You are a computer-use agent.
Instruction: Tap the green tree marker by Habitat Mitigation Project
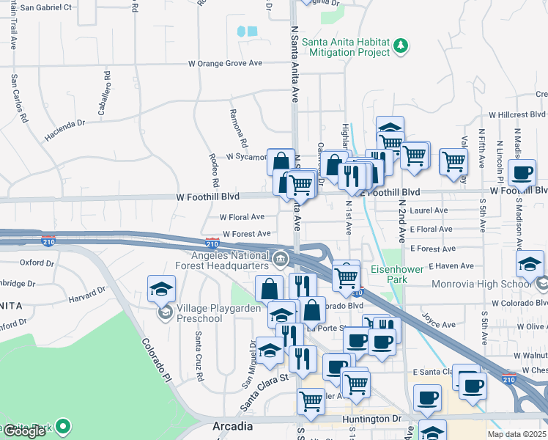pos(401,47)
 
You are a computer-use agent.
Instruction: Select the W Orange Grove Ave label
pos(225,64)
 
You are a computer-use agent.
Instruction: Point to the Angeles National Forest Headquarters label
pos(221,260)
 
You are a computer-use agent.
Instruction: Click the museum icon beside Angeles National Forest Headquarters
pos(280,259)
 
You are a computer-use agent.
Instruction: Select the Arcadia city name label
pos(232,426)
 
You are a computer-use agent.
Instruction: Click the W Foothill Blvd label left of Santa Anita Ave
pos(208,197)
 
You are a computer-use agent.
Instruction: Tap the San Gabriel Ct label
pos(46,7)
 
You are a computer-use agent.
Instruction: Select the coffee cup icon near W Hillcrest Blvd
pos(522,173)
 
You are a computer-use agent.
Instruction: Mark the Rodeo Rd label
pos(215,171)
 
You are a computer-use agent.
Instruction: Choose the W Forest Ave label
pos(248,234)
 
